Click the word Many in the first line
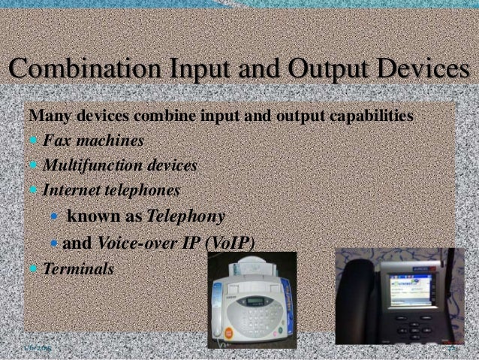coord(46,117)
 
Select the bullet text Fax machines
coord(94,141)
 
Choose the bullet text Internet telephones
coord(111,190)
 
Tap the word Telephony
coord(186,217)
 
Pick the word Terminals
coord(79,268)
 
